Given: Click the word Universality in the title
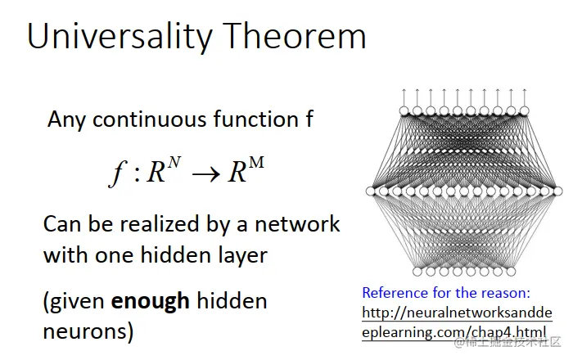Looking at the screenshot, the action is point(120,37).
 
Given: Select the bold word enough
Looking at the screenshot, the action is point(150,302).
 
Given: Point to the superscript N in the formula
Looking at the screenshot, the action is point(174,162).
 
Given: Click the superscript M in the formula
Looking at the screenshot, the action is point(256,162).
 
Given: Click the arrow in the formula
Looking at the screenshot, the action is point(205,174).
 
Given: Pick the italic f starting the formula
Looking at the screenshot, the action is point(118,173).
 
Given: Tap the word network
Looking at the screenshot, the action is point(297,224).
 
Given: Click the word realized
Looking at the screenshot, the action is point(160,224).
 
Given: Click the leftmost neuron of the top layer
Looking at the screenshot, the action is point(404,110).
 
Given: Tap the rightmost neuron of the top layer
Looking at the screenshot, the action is point(525,110).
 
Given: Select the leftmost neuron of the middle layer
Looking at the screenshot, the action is point(371,191).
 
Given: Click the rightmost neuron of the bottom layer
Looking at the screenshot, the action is point(511,272).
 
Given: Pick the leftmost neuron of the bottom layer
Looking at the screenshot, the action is point(417,272).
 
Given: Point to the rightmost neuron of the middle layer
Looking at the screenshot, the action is point(557,191).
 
